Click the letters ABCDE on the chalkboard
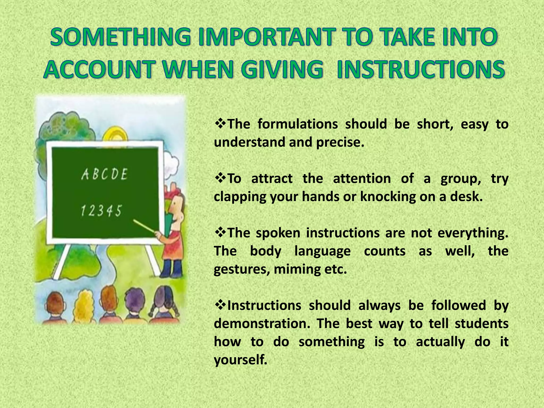104,175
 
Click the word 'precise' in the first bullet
339,143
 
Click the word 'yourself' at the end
240,360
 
